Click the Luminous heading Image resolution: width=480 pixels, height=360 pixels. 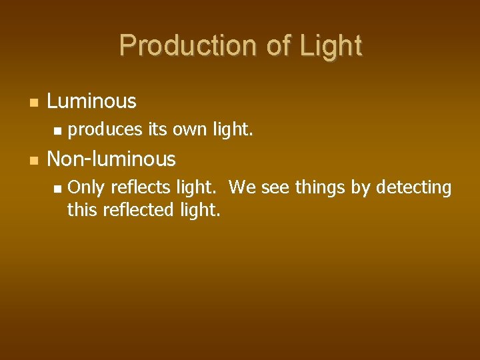point(91,101)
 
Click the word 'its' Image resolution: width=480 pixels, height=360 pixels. point(157,130)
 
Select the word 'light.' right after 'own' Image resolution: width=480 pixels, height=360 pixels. point(233,130)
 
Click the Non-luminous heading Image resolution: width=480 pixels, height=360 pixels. point(111,159)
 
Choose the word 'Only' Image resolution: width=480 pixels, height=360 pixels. point(86,189)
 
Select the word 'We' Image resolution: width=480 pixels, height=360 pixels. point(242,188)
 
